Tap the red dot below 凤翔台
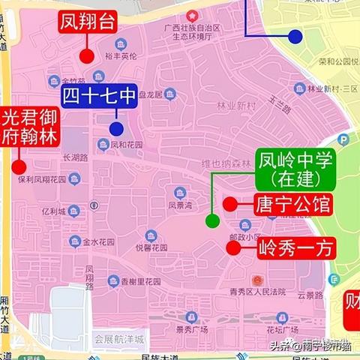click(x=86, y=55)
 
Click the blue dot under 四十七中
click(x=115, y=127)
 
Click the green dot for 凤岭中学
click(x=212, y=220)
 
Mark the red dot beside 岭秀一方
click(x=235, y=247)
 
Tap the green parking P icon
click(x=343, y=140)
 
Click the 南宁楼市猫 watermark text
click(x=328, y=346)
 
